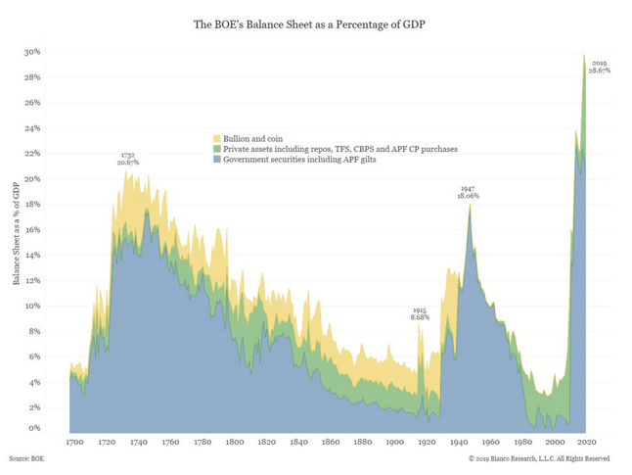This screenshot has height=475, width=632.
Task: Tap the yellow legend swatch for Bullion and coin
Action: [217, 138]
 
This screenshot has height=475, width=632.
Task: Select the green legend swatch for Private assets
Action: [217, 149]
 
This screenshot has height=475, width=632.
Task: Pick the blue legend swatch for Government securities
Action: [217, 160]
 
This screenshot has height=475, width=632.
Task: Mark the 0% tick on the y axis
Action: [34, 429]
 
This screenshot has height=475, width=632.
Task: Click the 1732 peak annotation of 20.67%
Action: [128, 158]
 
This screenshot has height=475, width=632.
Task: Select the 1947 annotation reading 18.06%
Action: [469, 192]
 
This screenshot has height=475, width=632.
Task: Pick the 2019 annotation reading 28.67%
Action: [600, 68]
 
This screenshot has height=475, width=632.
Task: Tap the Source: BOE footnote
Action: [26, 458]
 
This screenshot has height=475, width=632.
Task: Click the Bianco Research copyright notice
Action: [539, 458]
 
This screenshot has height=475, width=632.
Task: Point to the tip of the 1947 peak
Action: [470, 204]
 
